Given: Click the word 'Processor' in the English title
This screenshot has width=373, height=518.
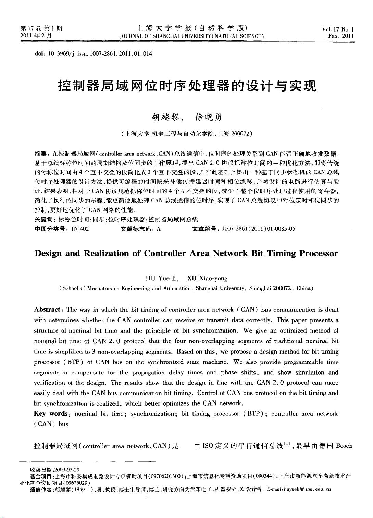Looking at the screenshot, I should coord(319,254).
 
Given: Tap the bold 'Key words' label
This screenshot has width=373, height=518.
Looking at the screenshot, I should coord(51,414).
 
